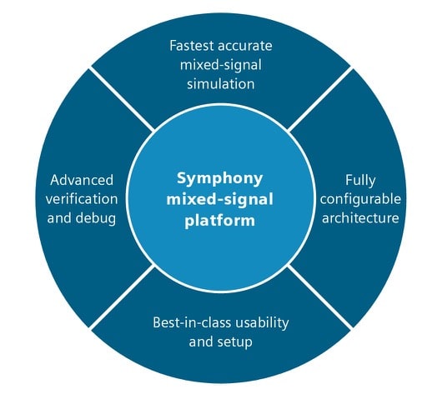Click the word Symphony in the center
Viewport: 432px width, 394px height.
click(x=219, y=179)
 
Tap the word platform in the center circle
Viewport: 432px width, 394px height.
click(x=220, y=221)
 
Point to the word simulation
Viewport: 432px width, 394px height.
click(x=221, y=83)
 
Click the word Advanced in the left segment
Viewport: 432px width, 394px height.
click(x=82, y=180)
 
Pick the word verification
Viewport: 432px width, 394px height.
click(x=82, y=199)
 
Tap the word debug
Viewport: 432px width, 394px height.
click(x=96, y=218)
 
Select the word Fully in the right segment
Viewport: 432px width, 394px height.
click(x=360, y=181)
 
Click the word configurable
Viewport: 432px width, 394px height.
click(x=360, y=200)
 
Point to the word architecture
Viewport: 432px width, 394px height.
click(x=360, y=218)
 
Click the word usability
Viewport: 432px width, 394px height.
click(x=262, y=323)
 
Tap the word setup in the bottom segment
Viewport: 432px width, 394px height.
click(x=235, y=342)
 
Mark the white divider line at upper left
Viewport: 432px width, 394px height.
click(x=122, y=99)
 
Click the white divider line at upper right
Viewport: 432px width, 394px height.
click(x=320, y=99)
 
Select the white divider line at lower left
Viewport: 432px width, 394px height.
click(x=122, y=296)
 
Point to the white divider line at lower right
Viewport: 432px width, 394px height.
click(x=320, y=296)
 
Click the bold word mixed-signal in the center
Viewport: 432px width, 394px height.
click(x=219, y=200)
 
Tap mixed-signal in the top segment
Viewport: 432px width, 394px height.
click(x=221, y=66)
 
